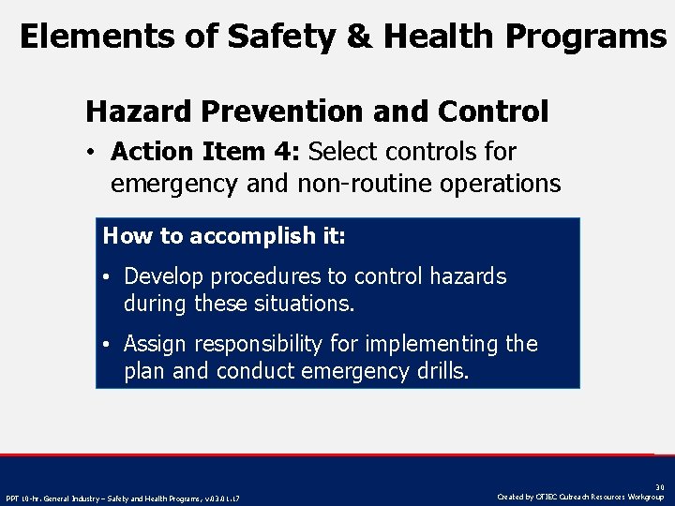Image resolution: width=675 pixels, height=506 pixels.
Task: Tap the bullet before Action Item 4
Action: (x=95, y=152)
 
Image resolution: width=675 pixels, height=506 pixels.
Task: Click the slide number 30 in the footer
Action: (x=659, y=487)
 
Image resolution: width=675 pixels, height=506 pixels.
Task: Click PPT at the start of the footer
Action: (x=13, y=498)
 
